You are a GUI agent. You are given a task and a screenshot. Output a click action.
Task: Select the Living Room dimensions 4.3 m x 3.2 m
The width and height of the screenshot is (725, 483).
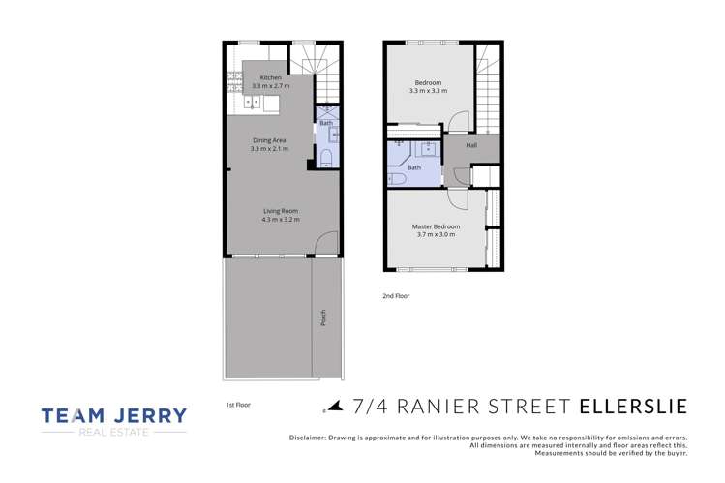tap(281, 220)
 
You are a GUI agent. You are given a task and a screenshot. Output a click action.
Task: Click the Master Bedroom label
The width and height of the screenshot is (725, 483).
tap(438, 226)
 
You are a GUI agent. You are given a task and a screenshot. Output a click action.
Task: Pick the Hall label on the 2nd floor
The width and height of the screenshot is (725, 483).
tap(471, 145)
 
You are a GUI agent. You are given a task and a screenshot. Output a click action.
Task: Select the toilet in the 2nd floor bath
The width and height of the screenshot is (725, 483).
tap(397, 179)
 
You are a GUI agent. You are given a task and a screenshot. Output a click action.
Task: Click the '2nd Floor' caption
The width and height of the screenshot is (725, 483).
tap(396, 296)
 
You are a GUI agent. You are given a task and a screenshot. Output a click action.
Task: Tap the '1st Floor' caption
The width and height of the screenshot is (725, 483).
tap(237, 406)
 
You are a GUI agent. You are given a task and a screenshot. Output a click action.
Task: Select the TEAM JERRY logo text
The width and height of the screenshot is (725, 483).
tap(113, 415)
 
